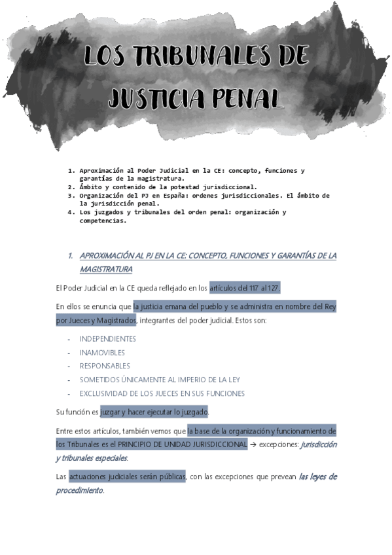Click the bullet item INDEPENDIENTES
click(x=108, y=339)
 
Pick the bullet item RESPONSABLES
click(x=105, y=366)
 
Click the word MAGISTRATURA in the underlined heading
click(x=105, y=269)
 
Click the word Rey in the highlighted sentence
click(x=330, y=306)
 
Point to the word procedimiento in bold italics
click(x=79, y=490)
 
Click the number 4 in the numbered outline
click(x=71, y=212)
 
